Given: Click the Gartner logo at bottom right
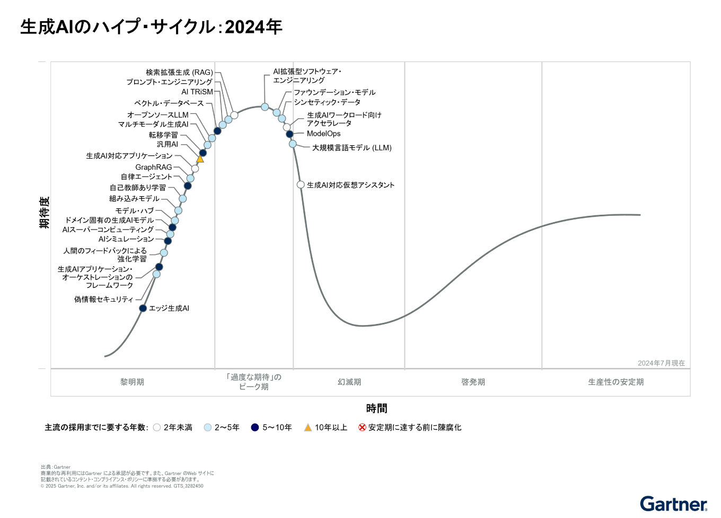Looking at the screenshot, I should pos(673,504).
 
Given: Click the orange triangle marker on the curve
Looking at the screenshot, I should pos(200,159).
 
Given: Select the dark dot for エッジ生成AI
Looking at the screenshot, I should pos(143,308).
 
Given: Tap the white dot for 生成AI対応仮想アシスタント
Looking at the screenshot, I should pos(301,185).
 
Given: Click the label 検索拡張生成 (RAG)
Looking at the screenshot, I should pos(179,72).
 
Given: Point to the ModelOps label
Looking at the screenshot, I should pos(323,134).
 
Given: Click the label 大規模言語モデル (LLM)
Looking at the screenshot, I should pos(351,148).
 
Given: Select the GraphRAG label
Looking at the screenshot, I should pos(153,167).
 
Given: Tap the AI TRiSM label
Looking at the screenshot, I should pos(197,92).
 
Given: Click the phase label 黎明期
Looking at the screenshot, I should pos(132,382).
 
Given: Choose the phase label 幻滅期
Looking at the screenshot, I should pos(349,382).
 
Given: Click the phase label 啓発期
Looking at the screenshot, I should pos(473,382).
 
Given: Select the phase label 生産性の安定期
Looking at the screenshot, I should pos(616,382).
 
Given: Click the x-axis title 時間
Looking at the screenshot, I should pos(376,408).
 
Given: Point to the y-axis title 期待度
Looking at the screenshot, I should pos(44,212).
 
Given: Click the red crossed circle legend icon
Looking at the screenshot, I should pos(362,427).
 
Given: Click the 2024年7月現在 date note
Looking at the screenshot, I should pos(661,363).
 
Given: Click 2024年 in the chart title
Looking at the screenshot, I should pos(253,27).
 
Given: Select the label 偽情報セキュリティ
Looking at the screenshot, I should pos(103,300).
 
